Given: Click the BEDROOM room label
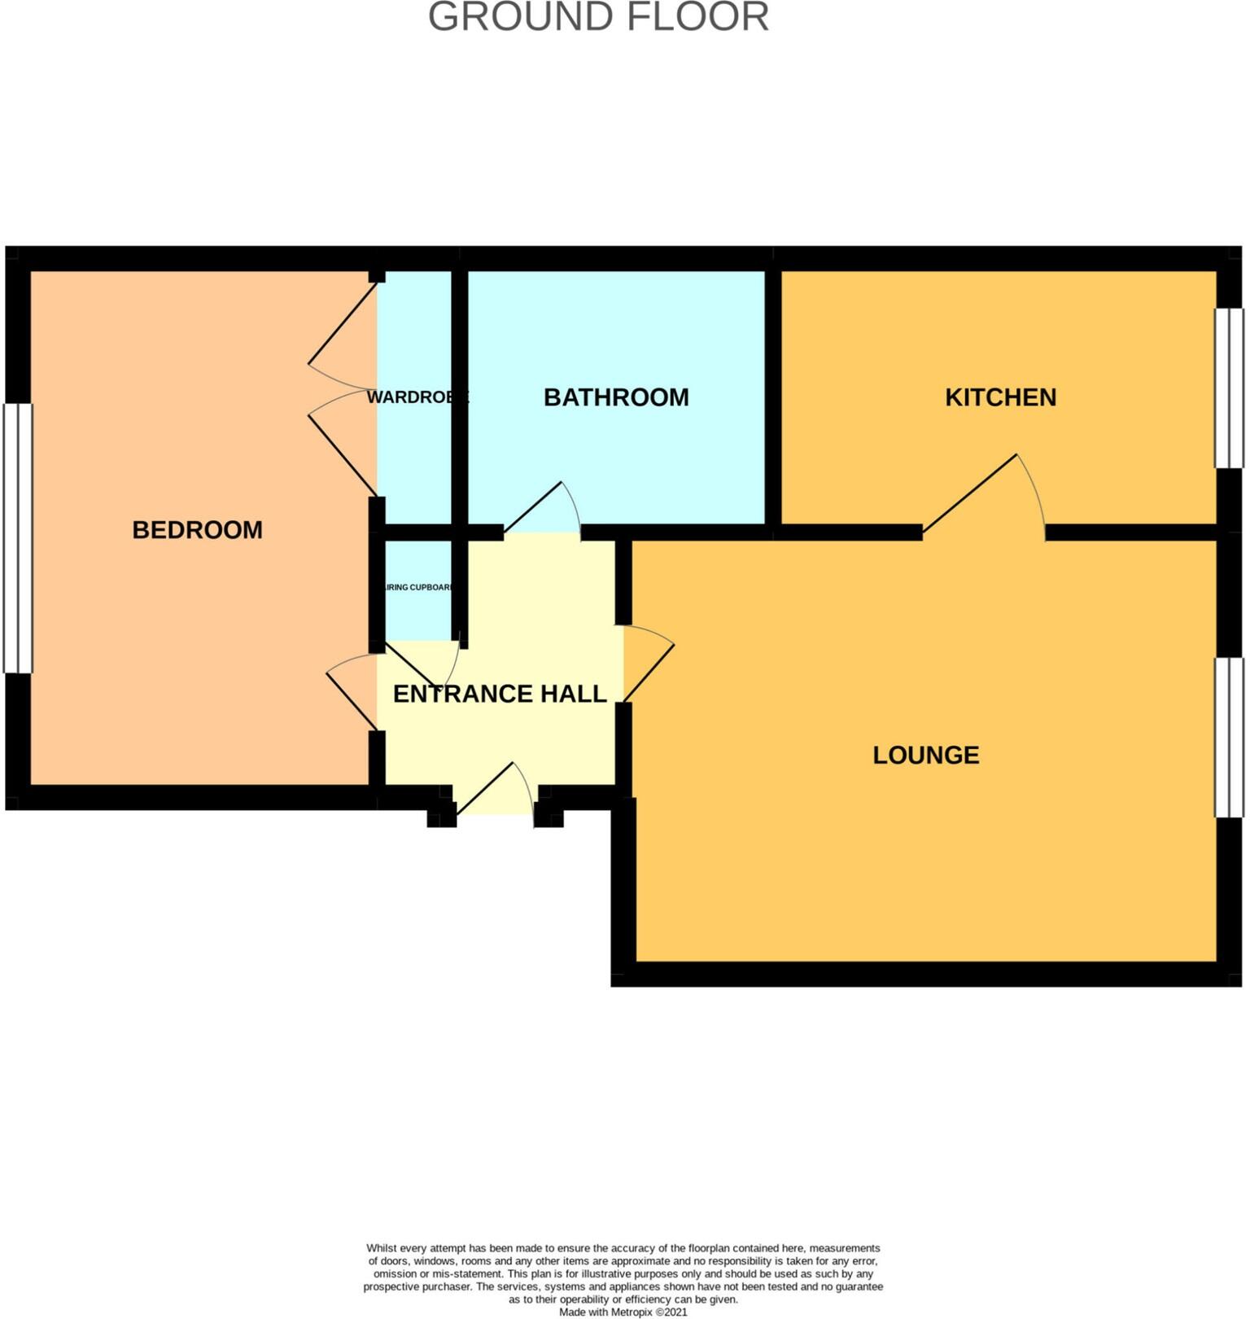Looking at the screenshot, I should tap(197, 530).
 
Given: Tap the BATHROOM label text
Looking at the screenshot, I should tap(616, 397).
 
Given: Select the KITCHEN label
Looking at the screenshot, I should tap(1000, 397).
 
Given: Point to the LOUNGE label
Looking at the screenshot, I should tap(925, 755).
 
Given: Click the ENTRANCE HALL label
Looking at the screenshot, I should tap(500, 694).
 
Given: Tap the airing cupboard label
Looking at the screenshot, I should tap(417, 587).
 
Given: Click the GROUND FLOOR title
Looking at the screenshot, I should tap(598, 18).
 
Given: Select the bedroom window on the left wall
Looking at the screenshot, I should tap(18, 538).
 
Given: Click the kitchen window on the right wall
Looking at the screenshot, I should tap(1229, 388).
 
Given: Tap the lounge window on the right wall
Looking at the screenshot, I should tap(1229, 737).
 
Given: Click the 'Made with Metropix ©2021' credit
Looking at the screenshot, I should tap(623, 1312).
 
